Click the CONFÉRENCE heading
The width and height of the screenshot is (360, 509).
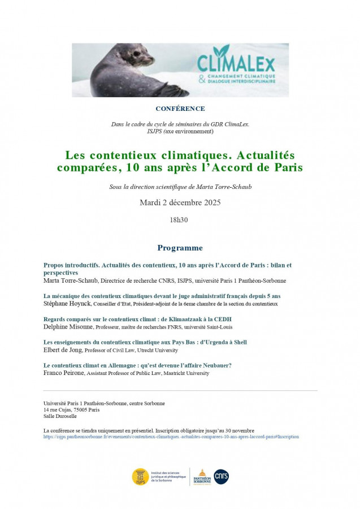coord(180,109)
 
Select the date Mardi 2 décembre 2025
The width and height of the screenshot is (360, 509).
coord(180,202)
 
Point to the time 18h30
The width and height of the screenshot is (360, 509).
coord(179,219)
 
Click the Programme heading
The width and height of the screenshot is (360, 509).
coord(180,248)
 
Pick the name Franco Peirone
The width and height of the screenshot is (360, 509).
coord(64,373)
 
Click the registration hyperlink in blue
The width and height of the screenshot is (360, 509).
coord(171,437)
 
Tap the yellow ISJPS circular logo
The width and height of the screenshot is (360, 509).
coord(141,476)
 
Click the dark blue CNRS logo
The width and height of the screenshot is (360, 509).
coord(221,477)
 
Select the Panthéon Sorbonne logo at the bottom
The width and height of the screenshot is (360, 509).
coord(201,477)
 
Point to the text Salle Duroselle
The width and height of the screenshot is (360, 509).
coord(60,416)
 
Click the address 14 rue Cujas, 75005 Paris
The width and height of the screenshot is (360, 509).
coord(71,410)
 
